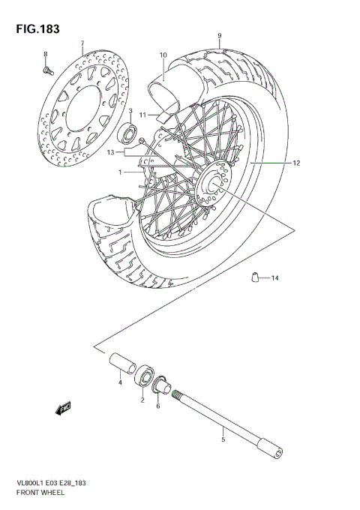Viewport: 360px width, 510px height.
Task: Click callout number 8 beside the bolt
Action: [x=45, y=55]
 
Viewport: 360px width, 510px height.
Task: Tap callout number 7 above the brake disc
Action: [x=82, y=44]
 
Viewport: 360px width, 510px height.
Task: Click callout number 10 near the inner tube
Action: [x=163, y=55]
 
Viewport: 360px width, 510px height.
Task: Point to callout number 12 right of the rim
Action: [x=296, y=163]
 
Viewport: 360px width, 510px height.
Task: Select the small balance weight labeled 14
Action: [x=255, y=277]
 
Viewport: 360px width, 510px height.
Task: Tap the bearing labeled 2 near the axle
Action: [x=145, y=376]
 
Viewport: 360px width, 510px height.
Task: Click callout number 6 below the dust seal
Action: [x=157, y=406]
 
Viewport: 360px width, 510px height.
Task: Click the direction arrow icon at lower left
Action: [x=61, y=408]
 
